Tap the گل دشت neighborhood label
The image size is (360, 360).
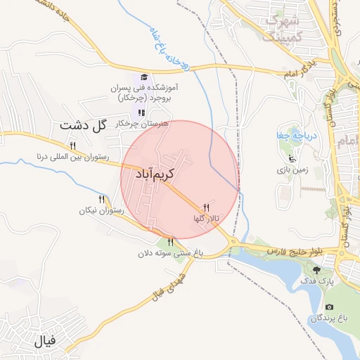(83, 126)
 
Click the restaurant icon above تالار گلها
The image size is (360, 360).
(206, 207)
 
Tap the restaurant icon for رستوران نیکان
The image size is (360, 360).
(102, 200)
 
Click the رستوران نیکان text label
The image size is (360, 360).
(103, 210)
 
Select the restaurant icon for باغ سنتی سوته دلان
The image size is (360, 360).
(170, 243)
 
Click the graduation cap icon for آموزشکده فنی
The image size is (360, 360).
(144, 77)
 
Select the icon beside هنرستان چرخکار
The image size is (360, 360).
(141, 112)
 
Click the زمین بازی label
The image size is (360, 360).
(288, 169)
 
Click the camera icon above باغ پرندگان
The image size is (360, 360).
(329, 307)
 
